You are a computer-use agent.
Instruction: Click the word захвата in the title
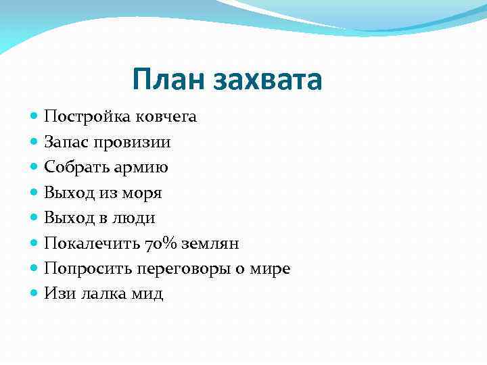(x=268, y=80)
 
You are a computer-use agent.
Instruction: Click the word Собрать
(x=74, y=168)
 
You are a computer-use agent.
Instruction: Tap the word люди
(x=133, y=218)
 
